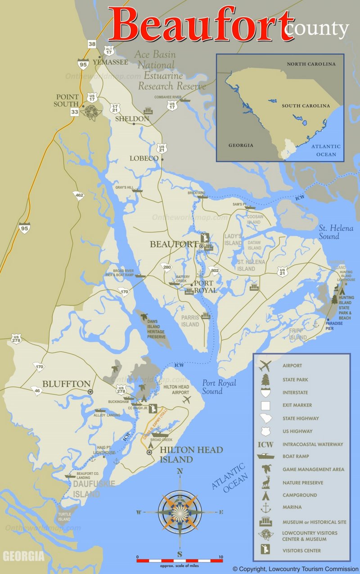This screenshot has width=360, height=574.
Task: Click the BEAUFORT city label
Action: point(174,245)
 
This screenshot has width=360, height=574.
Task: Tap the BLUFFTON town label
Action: point(66,384)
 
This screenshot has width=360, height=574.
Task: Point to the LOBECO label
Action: point(144,158)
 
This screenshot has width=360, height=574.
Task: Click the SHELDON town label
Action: point(132,119)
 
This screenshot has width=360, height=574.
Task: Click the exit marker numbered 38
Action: point(92,44)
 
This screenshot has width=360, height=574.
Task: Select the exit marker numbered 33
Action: point(74,112)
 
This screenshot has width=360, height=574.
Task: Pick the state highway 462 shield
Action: point(79,195)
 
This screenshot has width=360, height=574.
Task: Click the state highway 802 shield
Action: point(215,271)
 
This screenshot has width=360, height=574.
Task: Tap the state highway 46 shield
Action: point(37,391)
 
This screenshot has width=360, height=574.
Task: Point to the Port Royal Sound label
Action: point(219,387)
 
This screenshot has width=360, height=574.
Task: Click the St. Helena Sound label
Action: point(336,233)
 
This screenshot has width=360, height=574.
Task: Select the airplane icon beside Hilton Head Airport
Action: point(186,400)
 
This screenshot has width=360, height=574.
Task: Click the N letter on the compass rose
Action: point(180,471)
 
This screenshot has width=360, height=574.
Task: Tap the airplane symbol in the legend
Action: point(266,365)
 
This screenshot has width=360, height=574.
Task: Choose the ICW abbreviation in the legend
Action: point(265,444)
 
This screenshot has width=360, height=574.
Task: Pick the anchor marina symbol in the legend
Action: point(266,508)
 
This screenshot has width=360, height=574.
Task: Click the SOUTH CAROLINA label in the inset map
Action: point(306,106)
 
